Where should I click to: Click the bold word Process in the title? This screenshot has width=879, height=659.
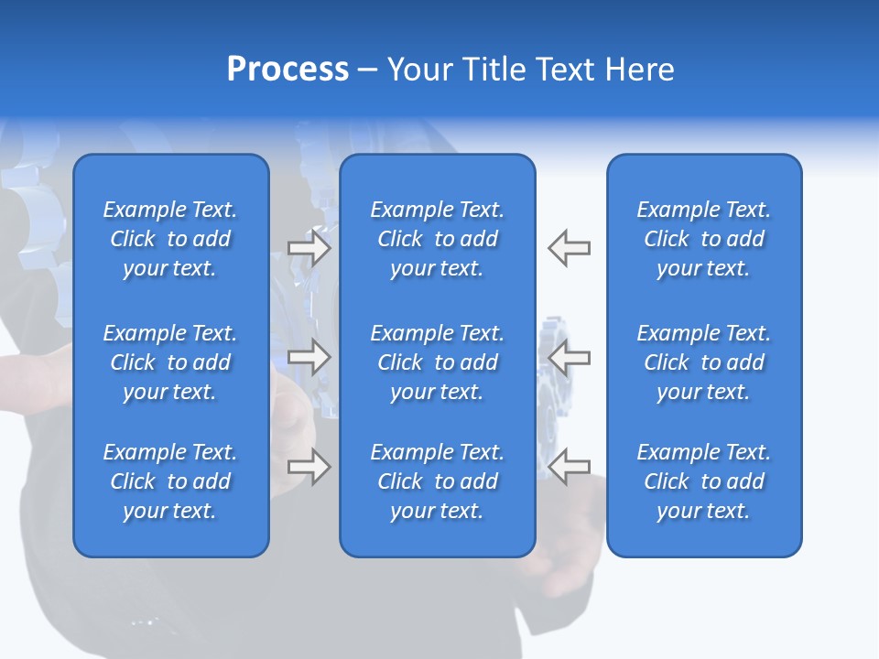pyautogui.click(x=288, y=70)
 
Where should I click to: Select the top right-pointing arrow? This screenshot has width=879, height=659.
pyautogui.click(x=309, y=248)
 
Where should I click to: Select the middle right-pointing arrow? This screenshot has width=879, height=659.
pyautogui.click(x=309, y=357)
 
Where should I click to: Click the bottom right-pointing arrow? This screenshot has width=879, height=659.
pyautogui.click(x=309, y=467)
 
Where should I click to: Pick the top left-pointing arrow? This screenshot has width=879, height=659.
pyautogui.click(x=570, y=248)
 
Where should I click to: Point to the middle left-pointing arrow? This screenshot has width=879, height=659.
pyautogui.click(x=570, y=357)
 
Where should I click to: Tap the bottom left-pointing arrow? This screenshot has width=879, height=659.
pyautogui.click(x=570, y=467)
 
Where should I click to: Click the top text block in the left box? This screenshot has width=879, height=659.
pyautogui.click(x=170, y=239)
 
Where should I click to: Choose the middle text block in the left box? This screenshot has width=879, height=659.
pyautogui.click(x=170, y=362)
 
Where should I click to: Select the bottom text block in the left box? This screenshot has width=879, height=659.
pyautogui.click(x=170, y=481)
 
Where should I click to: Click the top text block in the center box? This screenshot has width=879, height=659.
pyautogui.click(x=437, y=239)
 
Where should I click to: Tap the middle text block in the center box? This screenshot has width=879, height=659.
pyautogui.click(x=437, y=362)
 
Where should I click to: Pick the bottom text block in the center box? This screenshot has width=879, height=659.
pyautogui.click(x=437, y=481)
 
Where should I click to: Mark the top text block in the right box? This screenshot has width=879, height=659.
pyautogui.click(x=703, y=239)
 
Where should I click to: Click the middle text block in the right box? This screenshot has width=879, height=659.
pyautogui.click(x=703, y=362)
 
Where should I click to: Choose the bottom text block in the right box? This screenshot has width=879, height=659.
pyautogui.click(x=703, y=481)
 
